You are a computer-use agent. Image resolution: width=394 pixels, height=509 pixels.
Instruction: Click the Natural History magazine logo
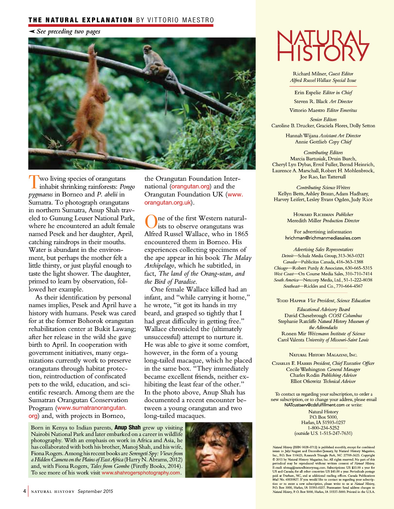click(x=323, y=46)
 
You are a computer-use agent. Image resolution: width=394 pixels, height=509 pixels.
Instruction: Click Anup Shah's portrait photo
click(x=219, y=450)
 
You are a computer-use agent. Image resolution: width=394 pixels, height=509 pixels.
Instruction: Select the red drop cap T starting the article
click(x=34, y=182)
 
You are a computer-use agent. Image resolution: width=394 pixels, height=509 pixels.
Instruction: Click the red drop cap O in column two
click(x=150, y=222)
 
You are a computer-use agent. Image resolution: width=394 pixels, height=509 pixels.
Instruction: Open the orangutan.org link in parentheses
click(x=191, y=186)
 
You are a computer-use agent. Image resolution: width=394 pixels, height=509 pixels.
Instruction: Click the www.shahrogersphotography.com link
click(x=141, y=473)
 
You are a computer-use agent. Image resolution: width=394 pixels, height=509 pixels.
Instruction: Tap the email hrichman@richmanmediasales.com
click(x=323, y=238)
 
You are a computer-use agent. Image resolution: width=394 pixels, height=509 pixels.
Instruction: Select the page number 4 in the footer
click(x=25, y=491)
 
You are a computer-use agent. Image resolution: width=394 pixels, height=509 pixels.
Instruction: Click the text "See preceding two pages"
click(x=68, y=32)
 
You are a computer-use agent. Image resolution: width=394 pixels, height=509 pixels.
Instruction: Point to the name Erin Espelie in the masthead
click(x=308, y=93)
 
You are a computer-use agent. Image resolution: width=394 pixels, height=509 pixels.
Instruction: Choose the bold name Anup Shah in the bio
click(x=127, y=427)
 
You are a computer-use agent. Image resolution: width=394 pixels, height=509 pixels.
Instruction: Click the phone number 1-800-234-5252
click(x=323, y=428)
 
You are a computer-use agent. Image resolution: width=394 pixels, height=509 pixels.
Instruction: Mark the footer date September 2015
click(x=95, y=491)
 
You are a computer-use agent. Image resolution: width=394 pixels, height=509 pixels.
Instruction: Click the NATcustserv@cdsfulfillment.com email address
click(x=314, y=405)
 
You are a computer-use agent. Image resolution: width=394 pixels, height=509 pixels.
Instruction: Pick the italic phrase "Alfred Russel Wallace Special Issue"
click(x=323, y=80)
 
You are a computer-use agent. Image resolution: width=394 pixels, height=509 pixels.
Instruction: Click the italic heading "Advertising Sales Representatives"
click(x=323, y=250)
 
